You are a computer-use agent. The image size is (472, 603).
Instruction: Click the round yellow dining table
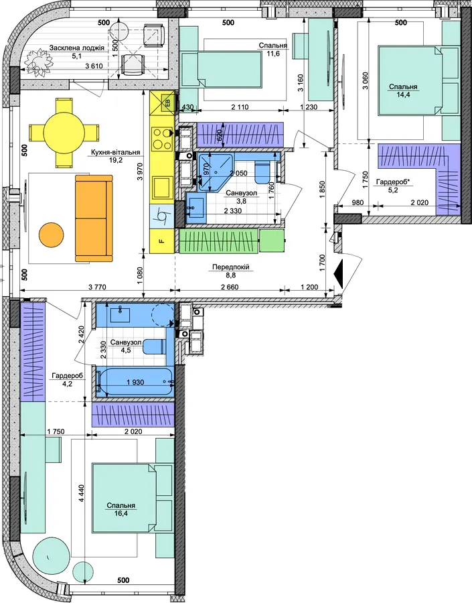point(64,133)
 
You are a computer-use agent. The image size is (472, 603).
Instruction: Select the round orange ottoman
point(51,236)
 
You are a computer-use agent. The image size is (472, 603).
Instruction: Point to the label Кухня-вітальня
point(116,152)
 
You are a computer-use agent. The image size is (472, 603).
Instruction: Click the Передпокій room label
point(230,267)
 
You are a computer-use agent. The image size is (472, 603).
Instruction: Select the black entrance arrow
point(338,273)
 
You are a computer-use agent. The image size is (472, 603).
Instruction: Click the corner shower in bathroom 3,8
point(214,172)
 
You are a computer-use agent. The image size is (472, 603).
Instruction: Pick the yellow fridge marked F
point(162,241)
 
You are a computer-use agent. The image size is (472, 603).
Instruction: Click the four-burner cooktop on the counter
point(162,139)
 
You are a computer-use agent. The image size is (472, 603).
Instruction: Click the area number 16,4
point(121,513)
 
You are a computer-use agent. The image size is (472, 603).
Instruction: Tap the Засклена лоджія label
point(77,48)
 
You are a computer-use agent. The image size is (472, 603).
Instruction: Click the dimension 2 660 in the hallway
point(230,287)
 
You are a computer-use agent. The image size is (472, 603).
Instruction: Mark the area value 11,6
point(273,54)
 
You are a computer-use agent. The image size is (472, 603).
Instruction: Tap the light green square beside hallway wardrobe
point(272,241)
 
